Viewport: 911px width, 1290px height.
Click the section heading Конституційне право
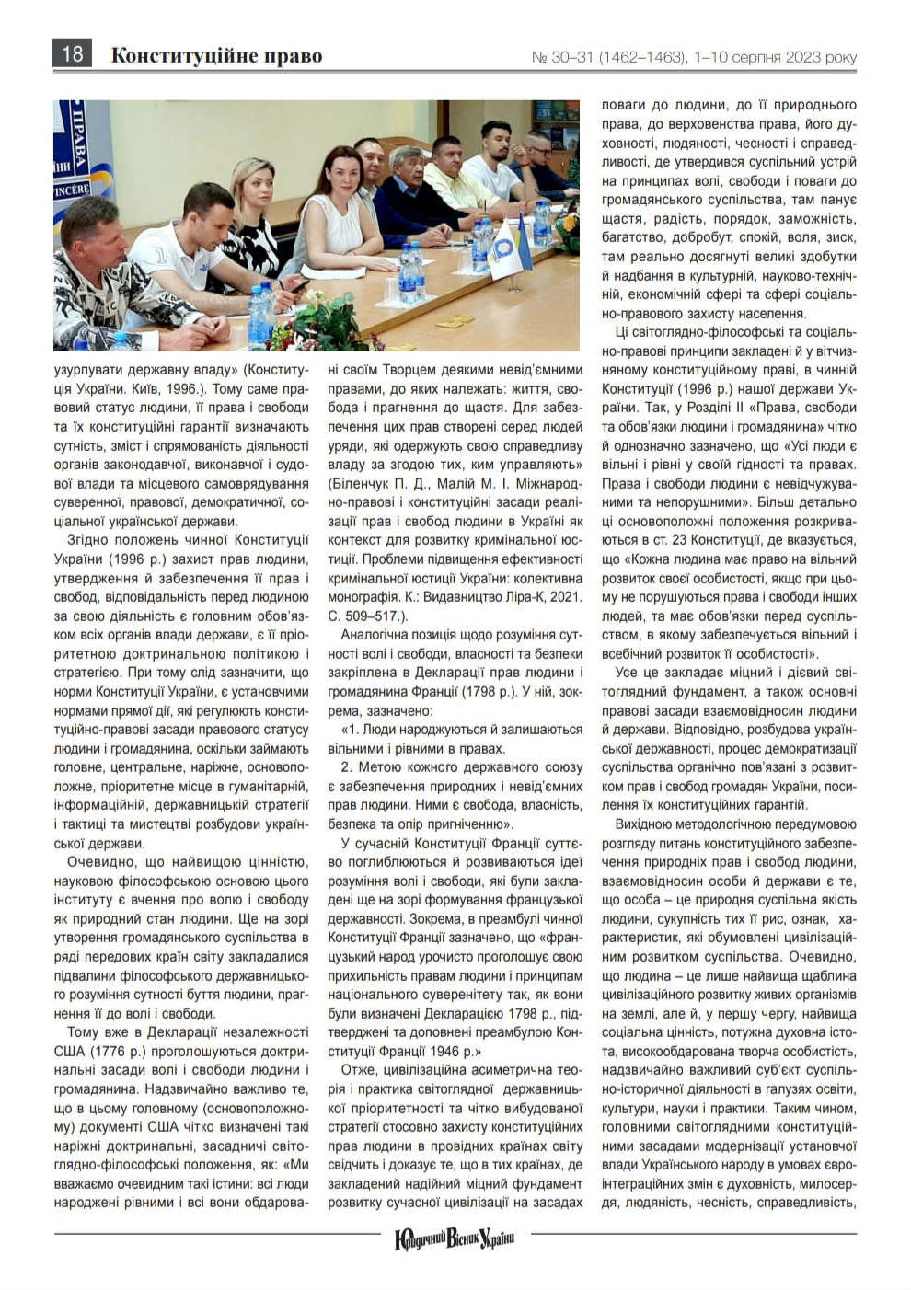click(x=216, y=56)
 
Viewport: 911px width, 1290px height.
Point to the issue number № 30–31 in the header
click(x=562, y=57)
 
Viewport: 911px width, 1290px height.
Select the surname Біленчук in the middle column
click(x=362, y=483)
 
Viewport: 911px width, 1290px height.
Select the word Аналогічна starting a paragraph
click(x=376, y=635)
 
